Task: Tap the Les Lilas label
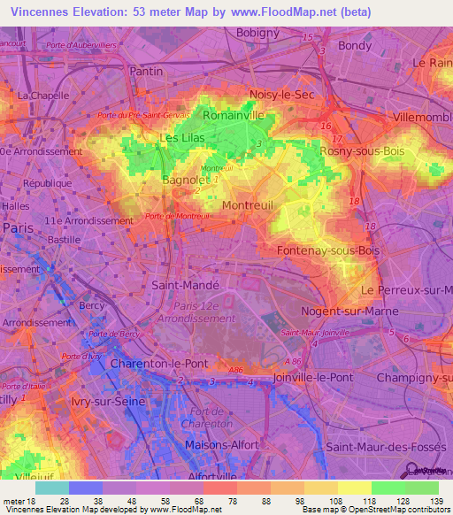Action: tap(181, 137)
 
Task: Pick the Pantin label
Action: tap(146, 71)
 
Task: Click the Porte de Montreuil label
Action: tap(177, 215)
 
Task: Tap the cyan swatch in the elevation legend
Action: tap(51, 488)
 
